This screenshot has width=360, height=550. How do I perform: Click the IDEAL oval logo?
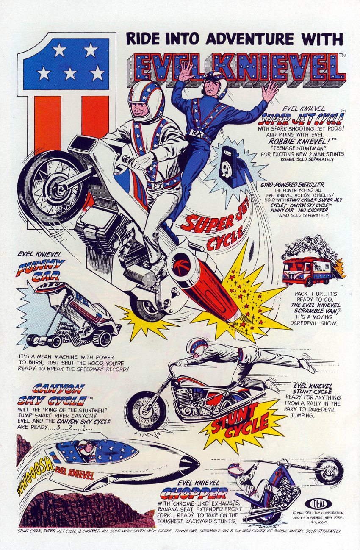tap(318, 502)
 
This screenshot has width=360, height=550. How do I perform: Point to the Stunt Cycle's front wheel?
tap(146, 414)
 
